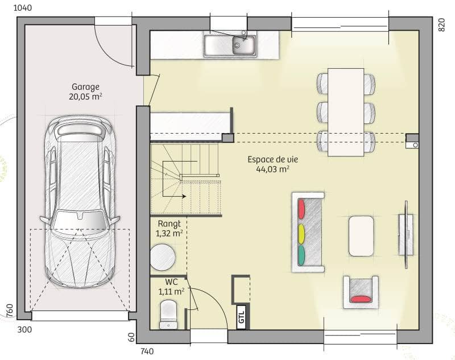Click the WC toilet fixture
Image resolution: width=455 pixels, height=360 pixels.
(x=168, y=314)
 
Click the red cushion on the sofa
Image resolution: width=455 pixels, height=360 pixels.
(x=301, y=208)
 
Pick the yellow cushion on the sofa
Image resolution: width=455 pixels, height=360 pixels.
(x=301, y=232)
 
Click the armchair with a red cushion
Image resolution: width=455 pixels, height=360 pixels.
(x=361, y=291)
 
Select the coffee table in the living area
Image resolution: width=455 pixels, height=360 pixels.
(x=361, y=235)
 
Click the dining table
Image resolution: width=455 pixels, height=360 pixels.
(x=346, y=111)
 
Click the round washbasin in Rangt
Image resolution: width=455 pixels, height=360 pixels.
(x=163, y=257)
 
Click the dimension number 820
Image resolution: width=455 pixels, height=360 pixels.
(x=441, y=24)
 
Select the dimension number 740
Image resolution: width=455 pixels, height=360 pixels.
(x=147, y=351)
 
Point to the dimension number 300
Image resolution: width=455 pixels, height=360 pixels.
(x=24, y=329)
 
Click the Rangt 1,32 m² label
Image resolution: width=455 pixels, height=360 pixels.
(x=169, y=229)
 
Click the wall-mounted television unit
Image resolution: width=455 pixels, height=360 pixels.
(x=405, y=234)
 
